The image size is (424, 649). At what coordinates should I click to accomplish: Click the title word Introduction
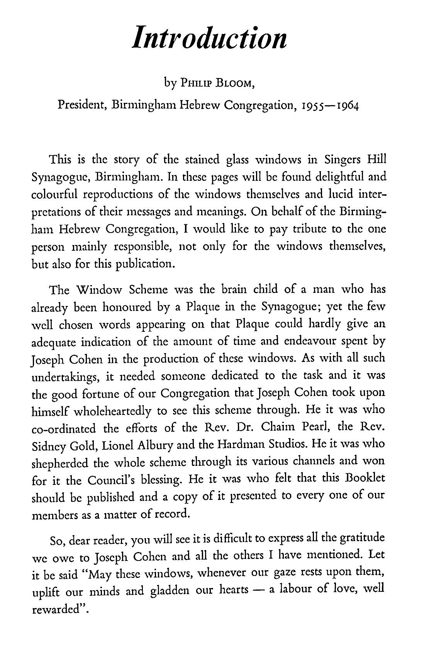coord(209,37)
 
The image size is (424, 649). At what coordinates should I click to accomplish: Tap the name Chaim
coord(279,427)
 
